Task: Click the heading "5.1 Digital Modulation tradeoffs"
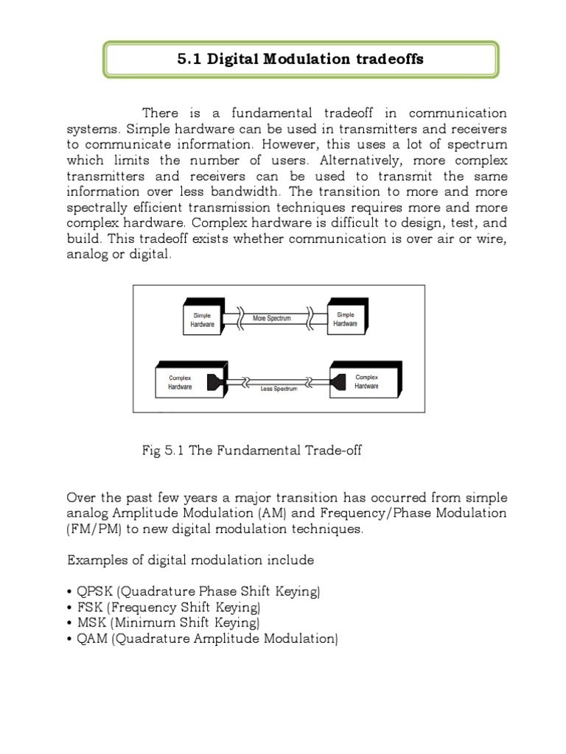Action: [x=301, y=60]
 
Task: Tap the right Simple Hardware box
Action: [x=345, y=319]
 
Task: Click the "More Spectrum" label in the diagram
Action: [x=272, y=319]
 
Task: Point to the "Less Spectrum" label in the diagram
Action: [x=279, y=388]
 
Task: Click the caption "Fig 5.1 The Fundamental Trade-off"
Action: [x=251, y=451]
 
